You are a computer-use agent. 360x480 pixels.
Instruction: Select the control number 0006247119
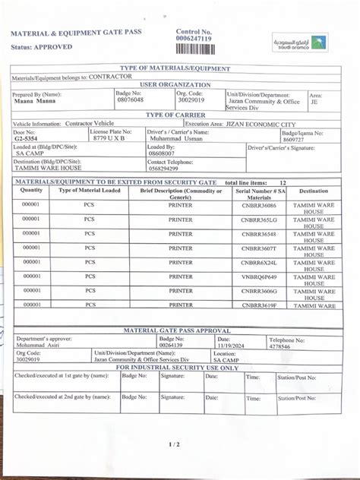tap(194, 38)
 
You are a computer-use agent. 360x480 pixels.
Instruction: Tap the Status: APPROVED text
tap(42, 47)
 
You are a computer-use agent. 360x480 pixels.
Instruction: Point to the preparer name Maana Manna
tap(33, 100)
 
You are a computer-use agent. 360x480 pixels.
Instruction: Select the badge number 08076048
tap(130, 99)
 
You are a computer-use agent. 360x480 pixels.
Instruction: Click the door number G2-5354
tap(28, 139)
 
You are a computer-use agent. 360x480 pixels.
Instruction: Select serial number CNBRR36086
tap(259, 206)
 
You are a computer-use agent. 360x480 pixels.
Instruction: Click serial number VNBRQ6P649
tap(259, 276)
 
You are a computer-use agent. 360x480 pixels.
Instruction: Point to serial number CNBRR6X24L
tap(259, 262)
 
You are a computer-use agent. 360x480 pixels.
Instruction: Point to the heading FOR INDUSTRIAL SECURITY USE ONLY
tap(177, 368)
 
